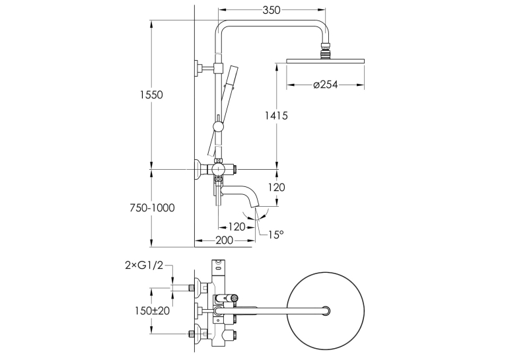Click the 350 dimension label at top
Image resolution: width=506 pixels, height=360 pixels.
271,11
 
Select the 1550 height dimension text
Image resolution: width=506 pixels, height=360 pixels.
151,95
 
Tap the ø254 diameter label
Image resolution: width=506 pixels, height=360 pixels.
326,85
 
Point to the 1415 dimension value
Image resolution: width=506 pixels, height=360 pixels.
276,115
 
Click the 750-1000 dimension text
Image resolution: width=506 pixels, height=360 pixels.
152,207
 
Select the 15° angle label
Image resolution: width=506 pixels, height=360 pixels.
276,234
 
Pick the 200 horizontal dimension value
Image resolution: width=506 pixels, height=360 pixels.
224,240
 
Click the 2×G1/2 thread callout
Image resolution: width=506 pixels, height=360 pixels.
144,266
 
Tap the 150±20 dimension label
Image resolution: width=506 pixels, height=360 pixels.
152,310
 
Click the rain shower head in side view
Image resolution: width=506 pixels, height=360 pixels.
325,60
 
